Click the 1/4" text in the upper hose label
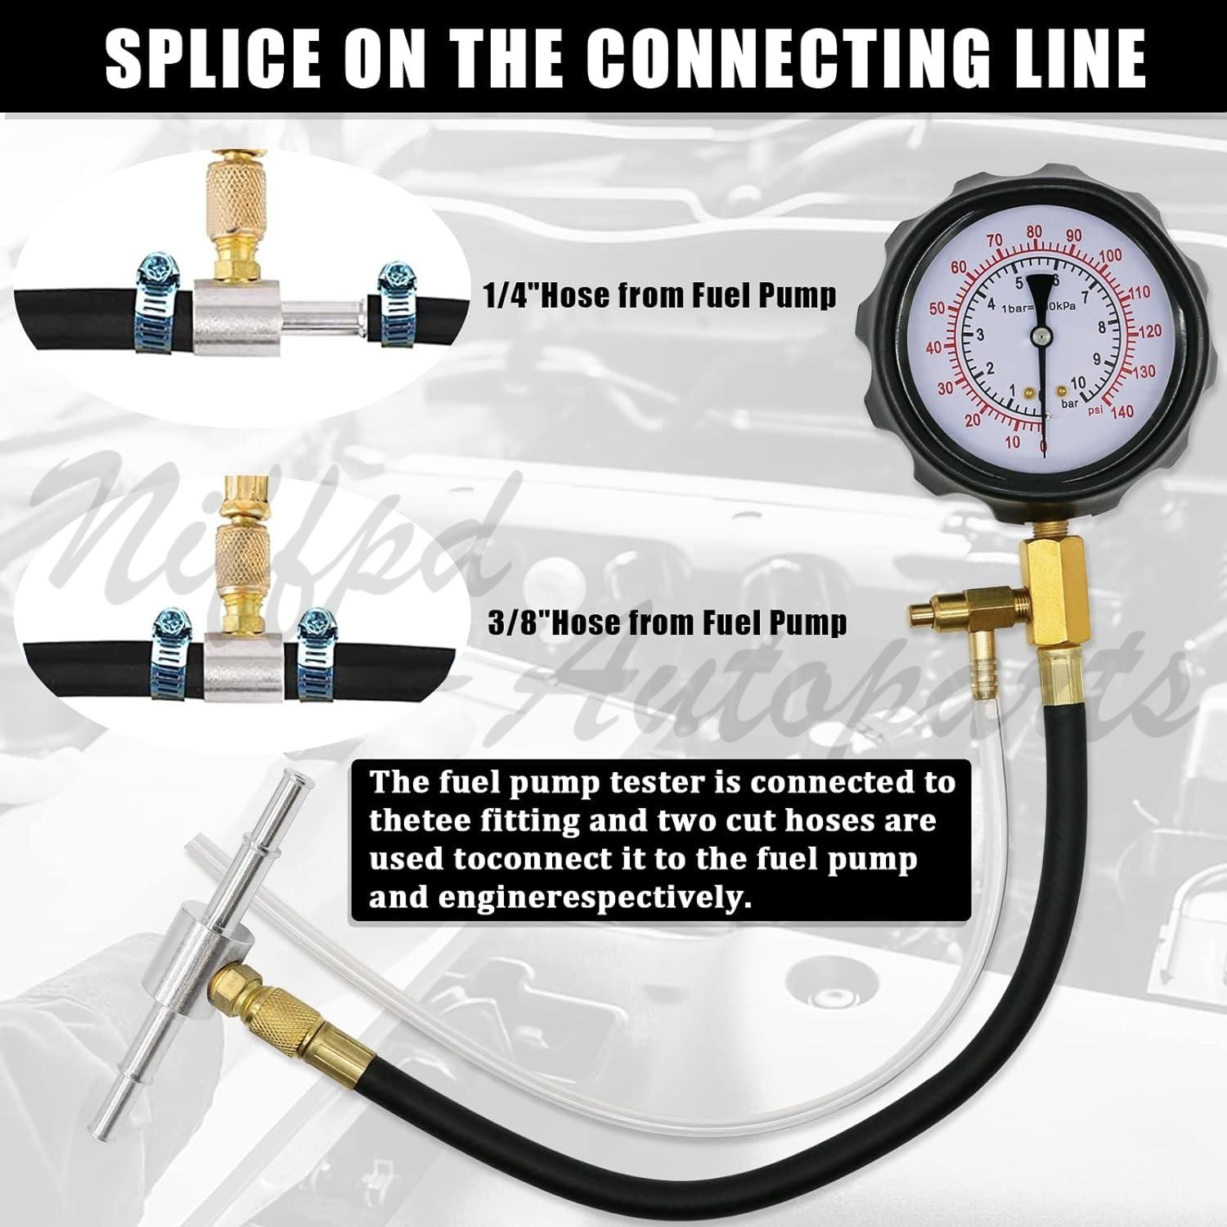[x=510, y=295]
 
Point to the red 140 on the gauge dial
[x=1122, y=412]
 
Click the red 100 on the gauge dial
[x=1110, y=256]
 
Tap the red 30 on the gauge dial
[x=945, y=389]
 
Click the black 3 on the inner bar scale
[x=979, y=335]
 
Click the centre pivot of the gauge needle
[x=1040, y=335]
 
